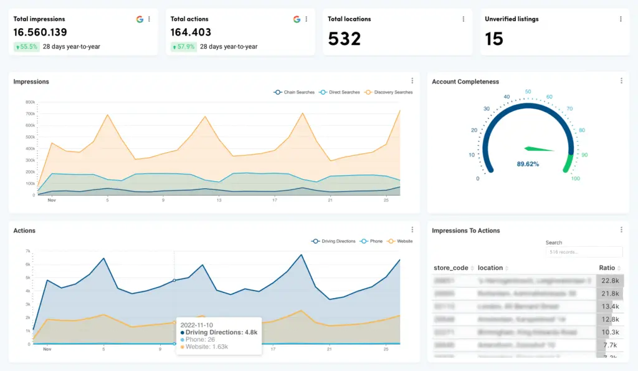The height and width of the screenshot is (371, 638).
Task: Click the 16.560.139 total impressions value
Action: (x=40, y=32)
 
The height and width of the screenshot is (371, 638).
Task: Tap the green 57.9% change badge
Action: (x=184, y=47)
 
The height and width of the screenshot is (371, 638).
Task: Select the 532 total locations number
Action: (x=344, y=39)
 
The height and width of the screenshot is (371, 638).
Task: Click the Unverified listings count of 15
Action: (x=494, y=39)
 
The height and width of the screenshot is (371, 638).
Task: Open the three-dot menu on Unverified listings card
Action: (x=621, y=19)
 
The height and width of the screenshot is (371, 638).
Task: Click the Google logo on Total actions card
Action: (x=297, y=19)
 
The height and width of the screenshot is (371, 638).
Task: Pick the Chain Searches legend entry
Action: (x=295, y=92)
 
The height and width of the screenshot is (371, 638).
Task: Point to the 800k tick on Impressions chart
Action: (x=29, y=102)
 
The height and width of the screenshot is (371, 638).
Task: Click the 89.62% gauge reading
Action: (x=528, y=165)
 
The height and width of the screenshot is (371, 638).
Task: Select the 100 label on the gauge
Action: (x=575, y=179)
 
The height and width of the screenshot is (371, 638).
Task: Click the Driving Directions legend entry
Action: (x=333, y=241)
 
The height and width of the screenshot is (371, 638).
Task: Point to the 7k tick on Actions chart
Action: (x=28, y=251)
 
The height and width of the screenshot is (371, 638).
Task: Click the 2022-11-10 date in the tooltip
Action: (x=197, y=324)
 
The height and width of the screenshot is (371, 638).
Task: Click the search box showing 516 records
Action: (x=584, y=252)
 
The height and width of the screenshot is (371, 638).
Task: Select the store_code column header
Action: (x=451, y=268)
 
